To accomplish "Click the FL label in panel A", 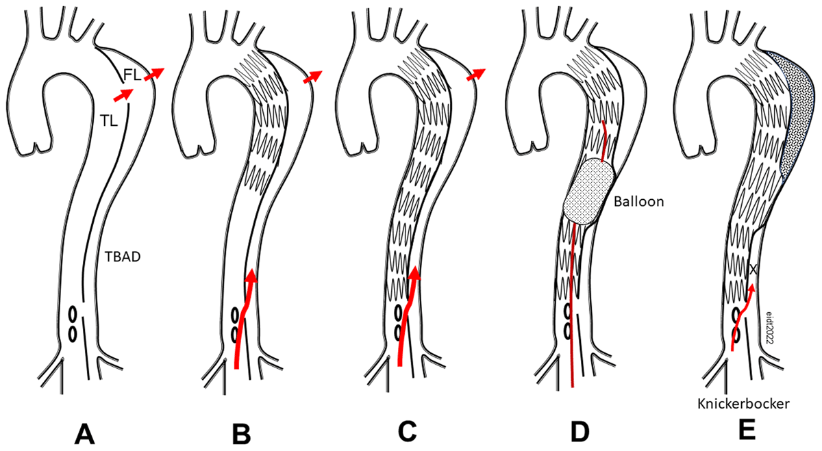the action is (132, 75).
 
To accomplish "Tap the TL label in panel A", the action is (109, 120).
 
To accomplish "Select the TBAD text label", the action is (123, 257).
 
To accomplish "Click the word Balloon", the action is (639, 202).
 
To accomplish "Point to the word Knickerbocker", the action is (743, 404).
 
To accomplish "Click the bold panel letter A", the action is (85, 434).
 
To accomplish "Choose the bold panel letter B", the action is (242, 434).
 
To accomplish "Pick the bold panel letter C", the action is (407, 432).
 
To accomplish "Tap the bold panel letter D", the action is (580, 432).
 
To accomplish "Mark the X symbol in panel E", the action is (753, 270).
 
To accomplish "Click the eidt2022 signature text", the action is (769, 327).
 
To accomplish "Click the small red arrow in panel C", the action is (475, 75).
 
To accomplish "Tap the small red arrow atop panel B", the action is (312, 77).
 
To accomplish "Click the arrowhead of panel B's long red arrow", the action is (251, 275).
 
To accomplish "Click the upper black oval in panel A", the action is (73, 315).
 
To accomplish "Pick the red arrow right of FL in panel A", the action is (154, 74).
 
